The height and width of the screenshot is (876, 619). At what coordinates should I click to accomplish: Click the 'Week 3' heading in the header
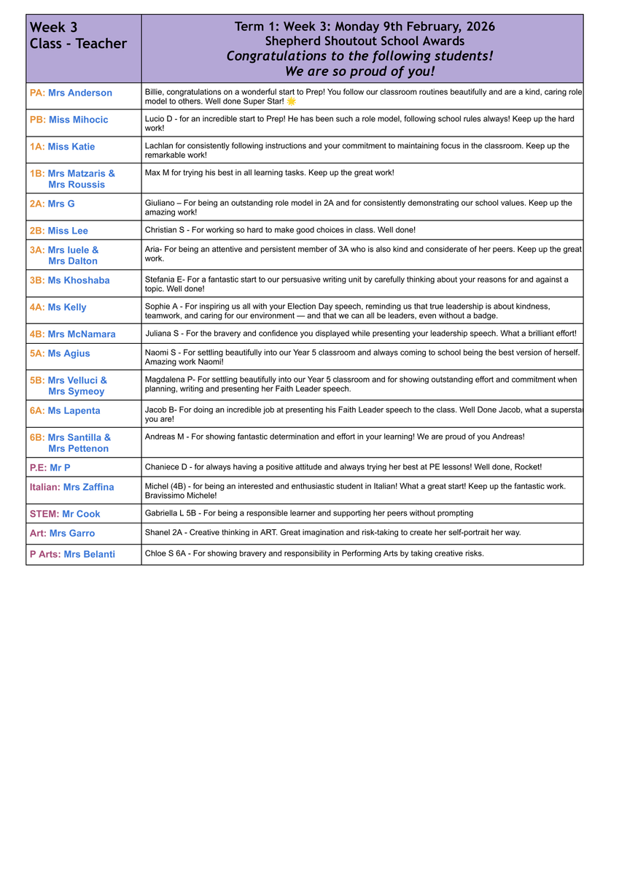coord(53,28)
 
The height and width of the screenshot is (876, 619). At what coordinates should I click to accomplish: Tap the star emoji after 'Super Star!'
coord(292,101)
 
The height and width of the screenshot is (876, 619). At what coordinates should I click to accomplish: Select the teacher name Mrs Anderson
coord(80,93)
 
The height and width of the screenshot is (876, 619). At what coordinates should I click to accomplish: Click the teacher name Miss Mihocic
coord(78,120)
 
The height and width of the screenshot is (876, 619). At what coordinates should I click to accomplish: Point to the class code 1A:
coord(37,147)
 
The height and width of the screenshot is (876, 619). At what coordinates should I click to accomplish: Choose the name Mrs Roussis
coord(77,185)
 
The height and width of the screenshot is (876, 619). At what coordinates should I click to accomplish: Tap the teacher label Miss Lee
coord(68,231)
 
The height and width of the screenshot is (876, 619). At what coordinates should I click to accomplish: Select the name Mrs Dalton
coord(73,261)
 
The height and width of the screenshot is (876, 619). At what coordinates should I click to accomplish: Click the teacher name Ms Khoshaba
coord(79,280)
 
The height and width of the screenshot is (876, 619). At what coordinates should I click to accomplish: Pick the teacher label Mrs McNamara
coord(82,334)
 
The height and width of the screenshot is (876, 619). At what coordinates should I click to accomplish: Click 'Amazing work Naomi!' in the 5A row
coord(183,362)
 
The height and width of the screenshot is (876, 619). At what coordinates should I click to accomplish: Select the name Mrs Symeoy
coord(77,391)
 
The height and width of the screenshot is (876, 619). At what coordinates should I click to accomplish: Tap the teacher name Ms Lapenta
coord(74,411)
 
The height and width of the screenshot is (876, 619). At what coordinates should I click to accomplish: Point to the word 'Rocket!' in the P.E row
coord(526,466)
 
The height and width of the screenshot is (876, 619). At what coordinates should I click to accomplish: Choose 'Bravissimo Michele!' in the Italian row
coord(181,496)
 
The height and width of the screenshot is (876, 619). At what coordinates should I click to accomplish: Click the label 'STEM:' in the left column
coord(44,514)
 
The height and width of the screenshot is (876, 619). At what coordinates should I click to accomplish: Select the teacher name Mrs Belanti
coord(89,554)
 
